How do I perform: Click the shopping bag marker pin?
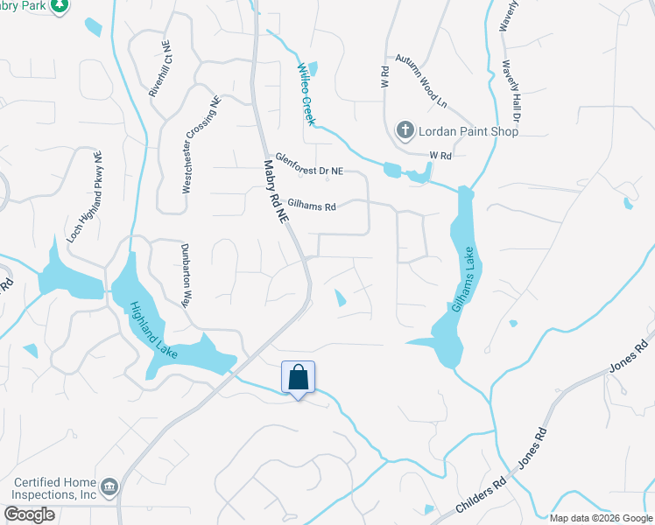click(298, 379)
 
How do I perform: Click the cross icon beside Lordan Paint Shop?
click(405, 131)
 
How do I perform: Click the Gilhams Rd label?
click(306, 207)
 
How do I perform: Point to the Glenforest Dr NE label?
click(309, 164)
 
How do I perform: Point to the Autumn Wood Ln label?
click(420, 79)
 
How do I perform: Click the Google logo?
click(30, 514)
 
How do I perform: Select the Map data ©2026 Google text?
click(601, 518)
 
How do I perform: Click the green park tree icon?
click(59, 6)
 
